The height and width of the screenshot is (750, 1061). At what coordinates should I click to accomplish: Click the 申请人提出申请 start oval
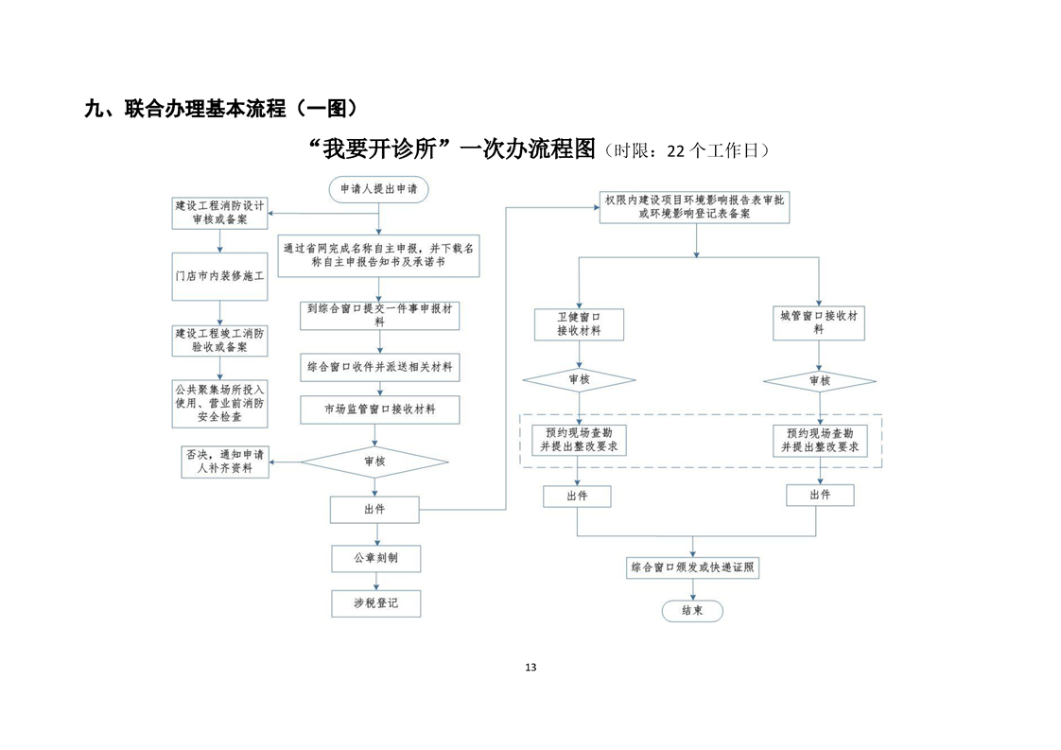coord(378,189)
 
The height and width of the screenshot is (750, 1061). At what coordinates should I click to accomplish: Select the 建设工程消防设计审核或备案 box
coord(220,213)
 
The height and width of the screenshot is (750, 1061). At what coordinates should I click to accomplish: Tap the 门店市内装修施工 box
coord(220,276)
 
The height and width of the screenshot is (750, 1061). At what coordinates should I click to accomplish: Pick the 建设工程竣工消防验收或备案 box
coord(220,340)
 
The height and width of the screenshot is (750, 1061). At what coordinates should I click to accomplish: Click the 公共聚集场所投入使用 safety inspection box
coord(220,404)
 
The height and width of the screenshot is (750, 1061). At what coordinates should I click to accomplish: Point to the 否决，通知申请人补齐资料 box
coord(225,462)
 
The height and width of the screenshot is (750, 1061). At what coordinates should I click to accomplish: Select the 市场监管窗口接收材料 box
coord(379,410)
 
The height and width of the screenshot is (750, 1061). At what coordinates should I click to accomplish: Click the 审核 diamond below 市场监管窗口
coord(374,462)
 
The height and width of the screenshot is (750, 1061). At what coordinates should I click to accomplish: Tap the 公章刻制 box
coord(376,558)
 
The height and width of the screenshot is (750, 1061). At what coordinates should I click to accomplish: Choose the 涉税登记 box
coord(376,603)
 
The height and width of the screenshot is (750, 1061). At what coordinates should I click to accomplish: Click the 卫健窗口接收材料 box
coord(580,324)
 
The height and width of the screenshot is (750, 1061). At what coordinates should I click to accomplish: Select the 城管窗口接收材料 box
coord(819,323)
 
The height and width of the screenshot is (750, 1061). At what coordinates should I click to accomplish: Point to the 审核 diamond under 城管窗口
coord(820,381)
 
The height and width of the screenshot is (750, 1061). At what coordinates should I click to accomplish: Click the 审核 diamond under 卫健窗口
coord(580,380)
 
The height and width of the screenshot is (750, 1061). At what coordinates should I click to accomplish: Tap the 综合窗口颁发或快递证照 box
coord(692,567)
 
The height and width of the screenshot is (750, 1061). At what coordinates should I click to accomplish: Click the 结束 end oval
coord(692,611)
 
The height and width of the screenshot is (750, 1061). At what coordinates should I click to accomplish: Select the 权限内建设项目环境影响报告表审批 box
coord(695,207)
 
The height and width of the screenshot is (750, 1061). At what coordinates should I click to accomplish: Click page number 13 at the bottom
coord(530,668)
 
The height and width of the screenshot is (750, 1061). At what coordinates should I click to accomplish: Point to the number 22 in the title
coord(676,151)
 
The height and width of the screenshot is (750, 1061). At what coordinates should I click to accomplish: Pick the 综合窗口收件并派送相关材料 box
coord(379,367)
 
